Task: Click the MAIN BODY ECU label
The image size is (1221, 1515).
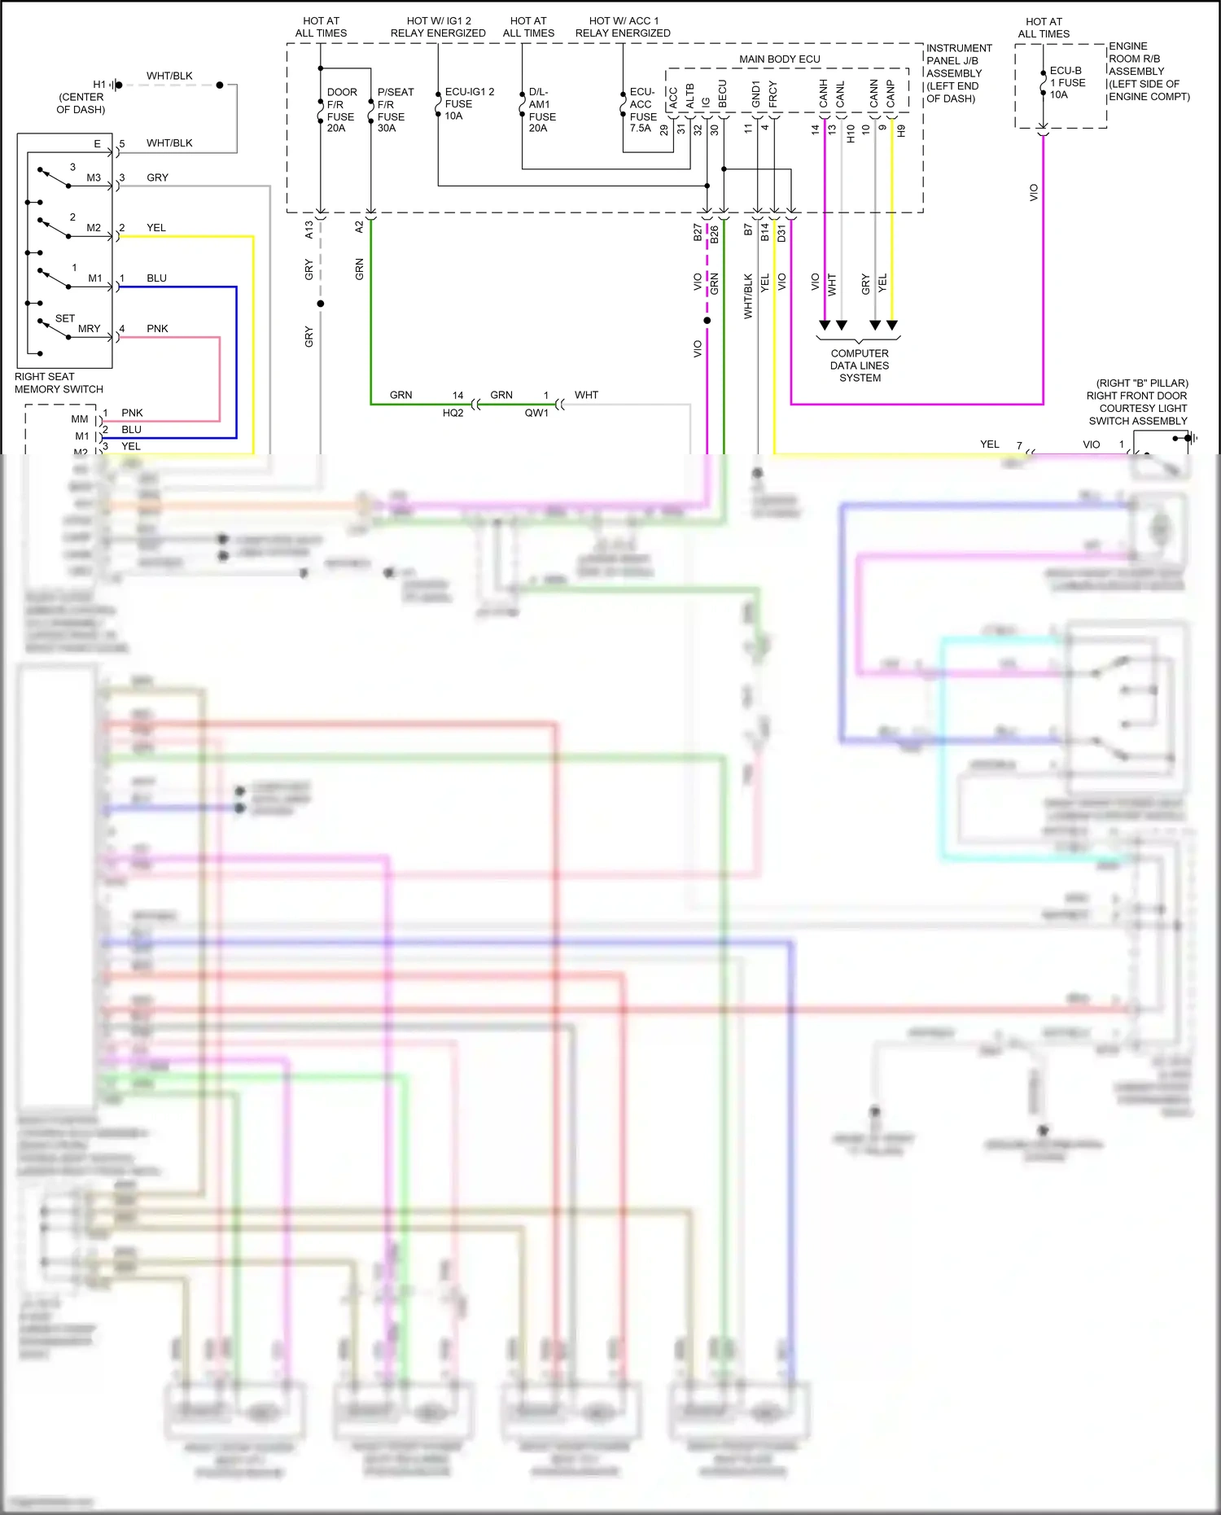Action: pos(779,59)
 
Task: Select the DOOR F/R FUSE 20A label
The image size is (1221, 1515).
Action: pos(341,110)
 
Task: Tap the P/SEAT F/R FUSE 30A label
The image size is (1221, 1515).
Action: pos(395,110)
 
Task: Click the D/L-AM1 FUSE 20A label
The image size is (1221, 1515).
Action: pos(541,110)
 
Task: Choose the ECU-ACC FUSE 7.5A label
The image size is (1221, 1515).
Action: pos(642,110)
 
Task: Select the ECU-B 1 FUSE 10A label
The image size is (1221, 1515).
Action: pos(1066,83)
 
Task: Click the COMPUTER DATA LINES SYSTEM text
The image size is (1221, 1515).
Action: pos(860,366)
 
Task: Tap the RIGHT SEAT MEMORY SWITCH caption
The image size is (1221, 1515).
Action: pos(59,383)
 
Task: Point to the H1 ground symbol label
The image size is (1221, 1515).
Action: pos(99,85)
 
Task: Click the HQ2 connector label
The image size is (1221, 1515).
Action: pos(453,413)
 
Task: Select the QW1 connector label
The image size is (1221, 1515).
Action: pos(536,413)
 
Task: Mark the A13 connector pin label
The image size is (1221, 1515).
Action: pos(309,230)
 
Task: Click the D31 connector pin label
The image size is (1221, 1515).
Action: pos(781,234)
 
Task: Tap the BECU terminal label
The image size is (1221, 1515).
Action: pos(722,94)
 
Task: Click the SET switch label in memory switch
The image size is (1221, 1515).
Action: pos(65,318)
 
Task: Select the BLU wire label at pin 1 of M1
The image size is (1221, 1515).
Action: pos(156,278)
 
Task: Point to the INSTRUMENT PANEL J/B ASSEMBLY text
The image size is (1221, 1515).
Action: pos(958,73)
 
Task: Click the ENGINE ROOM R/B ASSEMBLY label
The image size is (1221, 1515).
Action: pos(1148,72)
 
